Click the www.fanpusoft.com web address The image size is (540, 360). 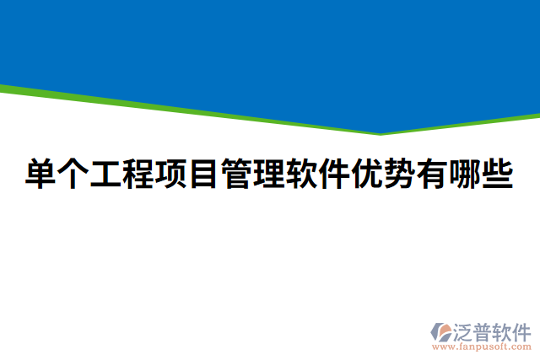[x=481, y=346]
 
